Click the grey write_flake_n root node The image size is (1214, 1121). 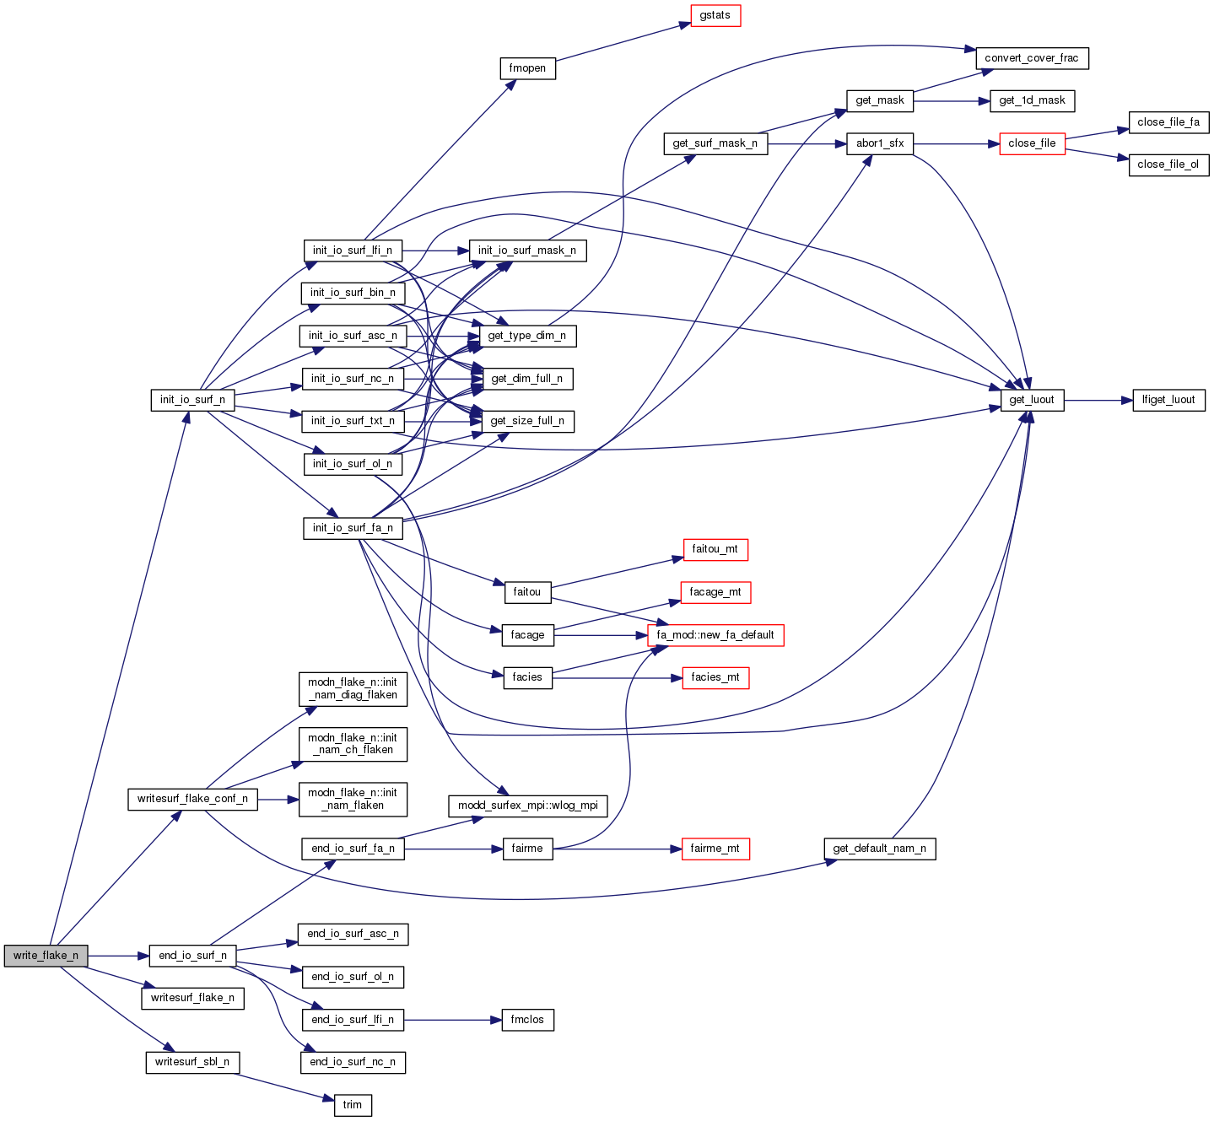[46, 956]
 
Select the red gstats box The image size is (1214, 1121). [715, 15]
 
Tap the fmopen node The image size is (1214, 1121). [528, 68]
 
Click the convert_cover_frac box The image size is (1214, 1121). [1032, 58]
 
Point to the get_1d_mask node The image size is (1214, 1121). [1032, 100]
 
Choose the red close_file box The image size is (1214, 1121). [1032, 143]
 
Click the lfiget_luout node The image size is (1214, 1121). [1168, 400]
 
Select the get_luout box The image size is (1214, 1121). [1032, 400]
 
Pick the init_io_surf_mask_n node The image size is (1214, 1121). [527, 251]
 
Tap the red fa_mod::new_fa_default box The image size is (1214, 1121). [715, 635]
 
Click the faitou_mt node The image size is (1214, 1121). [715, 549]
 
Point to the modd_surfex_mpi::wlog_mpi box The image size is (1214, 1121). [528, 806]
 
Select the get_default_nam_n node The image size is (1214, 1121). [879, 849]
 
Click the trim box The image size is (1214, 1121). [353, 1105]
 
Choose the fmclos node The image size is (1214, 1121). [528, 1020]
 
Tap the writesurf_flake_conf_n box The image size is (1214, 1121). [192, 799]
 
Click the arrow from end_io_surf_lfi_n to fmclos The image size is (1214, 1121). [452, 1020]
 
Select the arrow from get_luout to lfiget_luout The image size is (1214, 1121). [1098, 400]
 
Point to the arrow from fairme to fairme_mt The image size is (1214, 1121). [617, 849]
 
